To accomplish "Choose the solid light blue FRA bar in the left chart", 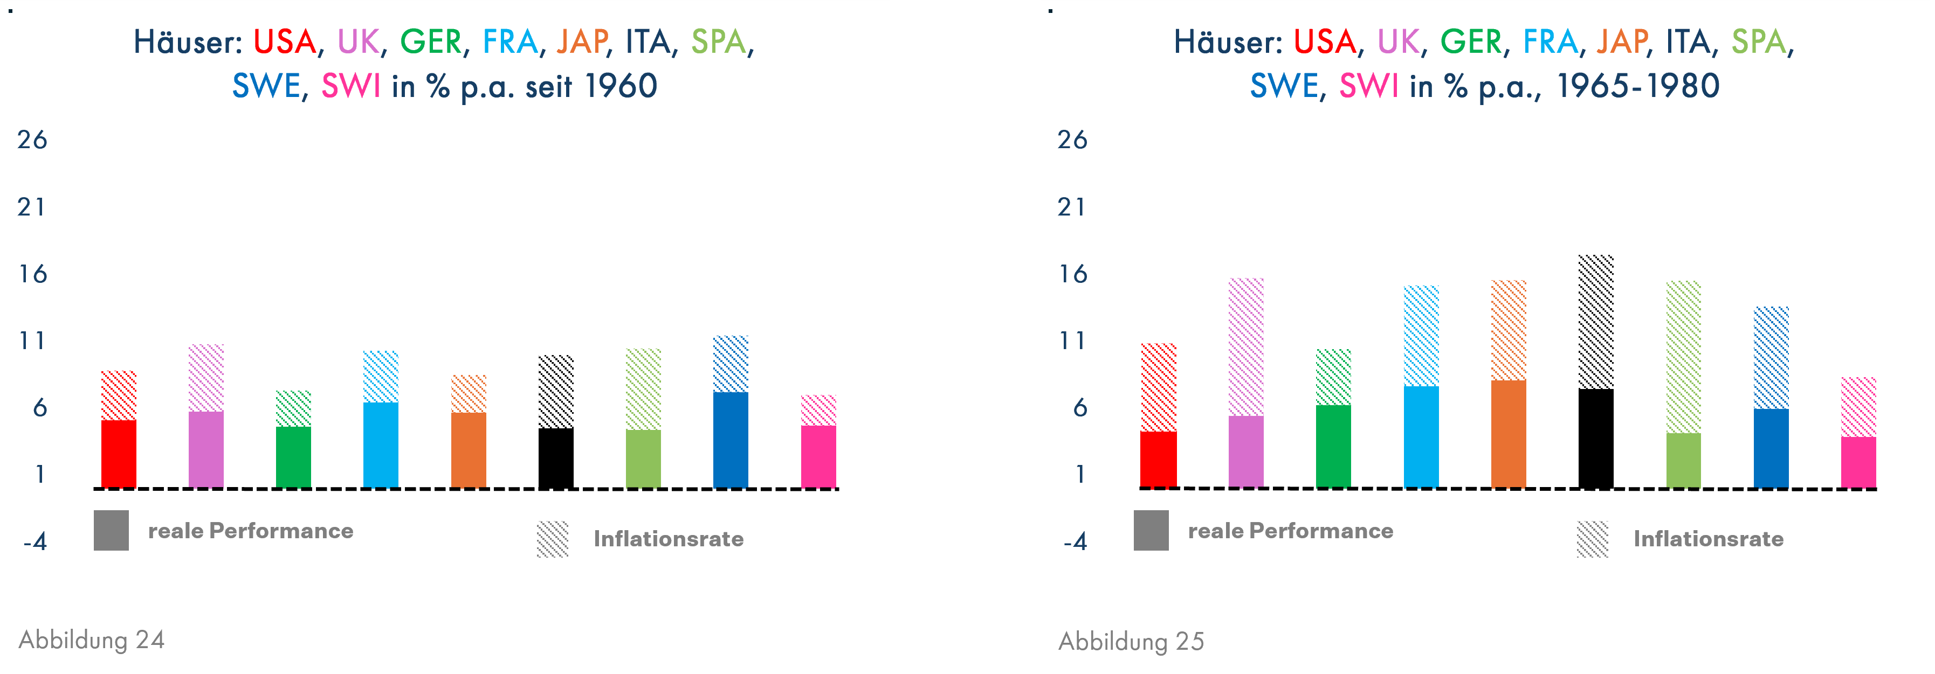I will [x=381, y=444].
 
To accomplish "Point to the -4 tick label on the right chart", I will [x=1075, y=541].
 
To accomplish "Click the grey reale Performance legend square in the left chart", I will [x=111, y=530].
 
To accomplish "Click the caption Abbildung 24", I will [x=92, y=640].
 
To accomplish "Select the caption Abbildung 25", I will [x=1131, y=641].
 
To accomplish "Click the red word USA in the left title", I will [x=284, y=42].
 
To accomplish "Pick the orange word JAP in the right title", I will [x=1622, y=42].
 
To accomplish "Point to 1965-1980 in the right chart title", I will [x=1637, y=86].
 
